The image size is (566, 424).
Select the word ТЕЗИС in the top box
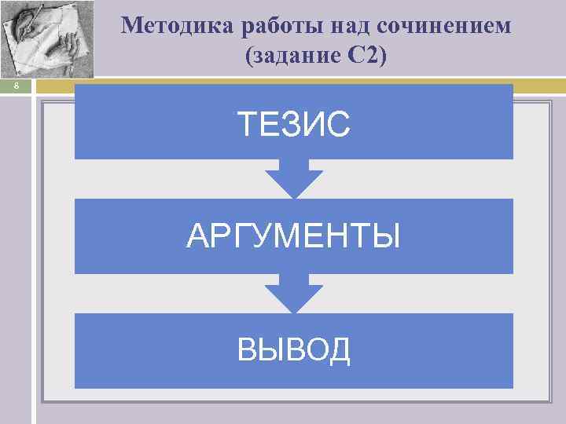point(293,124)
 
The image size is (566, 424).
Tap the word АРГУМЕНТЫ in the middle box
point(293,236)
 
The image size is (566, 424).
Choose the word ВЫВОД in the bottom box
point(293,350)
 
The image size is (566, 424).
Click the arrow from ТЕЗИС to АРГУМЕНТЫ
point(293,179)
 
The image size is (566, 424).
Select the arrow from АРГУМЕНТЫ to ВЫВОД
point(293,294)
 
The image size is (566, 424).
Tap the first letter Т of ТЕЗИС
point(247,124)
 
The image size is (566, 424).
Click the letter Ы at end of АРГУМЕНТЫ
point(388,236)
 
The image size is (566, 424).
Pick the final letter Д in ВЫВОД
point(339,350)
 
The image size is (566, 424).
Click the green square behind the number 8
point(15,87)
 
